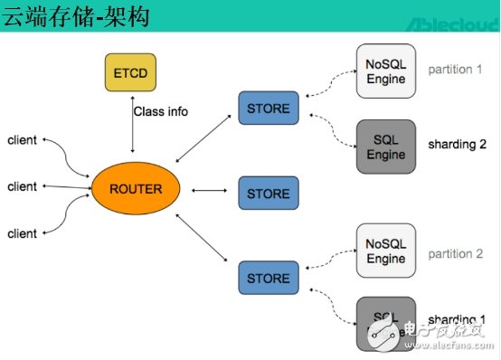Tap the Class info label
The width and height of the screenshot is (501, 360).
point(161,112)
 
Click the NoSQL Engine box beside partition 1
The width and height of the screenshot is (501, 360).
point(386,71)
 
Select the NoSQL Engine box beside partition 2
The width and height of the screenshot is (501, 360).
point(386,251)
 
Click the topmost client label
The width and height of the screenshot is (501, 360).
point(23,139)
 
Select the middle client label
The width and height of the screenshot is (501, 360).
point(23,186)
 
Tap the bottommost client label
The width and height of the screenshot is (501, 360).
point(23,233)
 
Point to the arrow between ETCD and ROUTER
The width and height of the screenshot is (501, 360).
point(132,131)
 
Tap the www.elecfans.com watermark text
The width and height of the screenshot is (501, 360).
point(444,345)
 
